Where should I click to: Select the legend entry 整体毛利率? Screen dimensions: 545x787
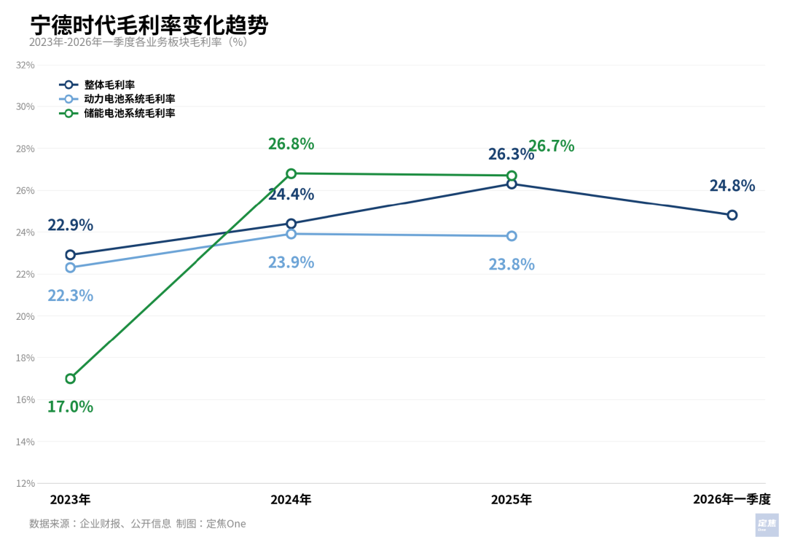[x=109, y=85]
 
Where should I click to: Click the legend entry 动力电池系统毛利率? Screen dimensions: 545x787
[x=129, y=98]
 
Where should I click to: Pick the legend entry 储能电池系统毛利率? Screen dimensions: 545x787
[x=129, y=113]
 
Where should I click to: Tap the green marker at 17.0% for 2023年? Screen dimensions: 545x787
[x=71, y=378]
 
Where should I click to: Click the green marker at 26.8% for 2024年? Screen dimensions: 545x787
[x=291, y=173]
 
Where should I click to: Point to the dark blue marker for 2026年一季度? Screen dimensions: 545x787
[x=732, y=215]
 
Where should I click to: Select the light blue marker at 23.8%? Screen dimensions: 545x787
[x=512, y=236]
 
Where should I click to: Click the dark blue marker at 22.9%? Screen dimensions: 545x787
[x=71, y=255]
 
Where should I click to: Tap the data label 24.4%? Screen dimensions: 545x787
[x=291, y=194]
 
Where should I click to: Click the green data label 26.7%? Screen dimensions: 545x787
[x=552, y=146]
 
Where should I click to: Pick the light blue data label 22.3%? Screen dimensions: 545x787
[x=71, y=295]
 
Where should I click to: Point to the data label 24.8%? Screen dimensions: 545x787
[x=732, y=185]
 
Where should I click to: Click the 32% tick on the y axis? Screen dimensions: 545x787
[x=26, y=65]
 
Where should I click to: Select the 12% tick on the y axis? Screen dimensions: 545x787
[x=26, y=483]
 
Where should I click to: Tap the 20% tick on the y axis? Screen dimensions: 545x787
[x=26, y=316]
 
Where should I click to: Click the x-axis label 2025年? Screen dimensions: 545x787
[x=511, y=499]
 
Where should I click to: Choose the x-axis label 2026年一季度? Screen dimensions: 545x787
[x=731, y=499]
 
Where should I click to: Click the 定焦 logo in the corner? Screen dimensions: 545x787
[x=767, y=524]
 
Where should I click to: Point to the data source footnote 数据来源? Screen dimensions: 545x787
[x=137, y=523]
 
